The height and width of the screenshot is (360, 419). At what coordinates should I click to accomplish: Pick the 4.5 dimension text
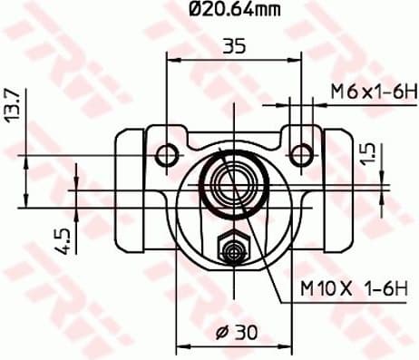(x=61, y=240)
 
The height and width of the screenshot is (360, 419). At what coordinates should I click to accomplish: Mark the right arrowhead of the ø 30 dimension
(x=288, y=345)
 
